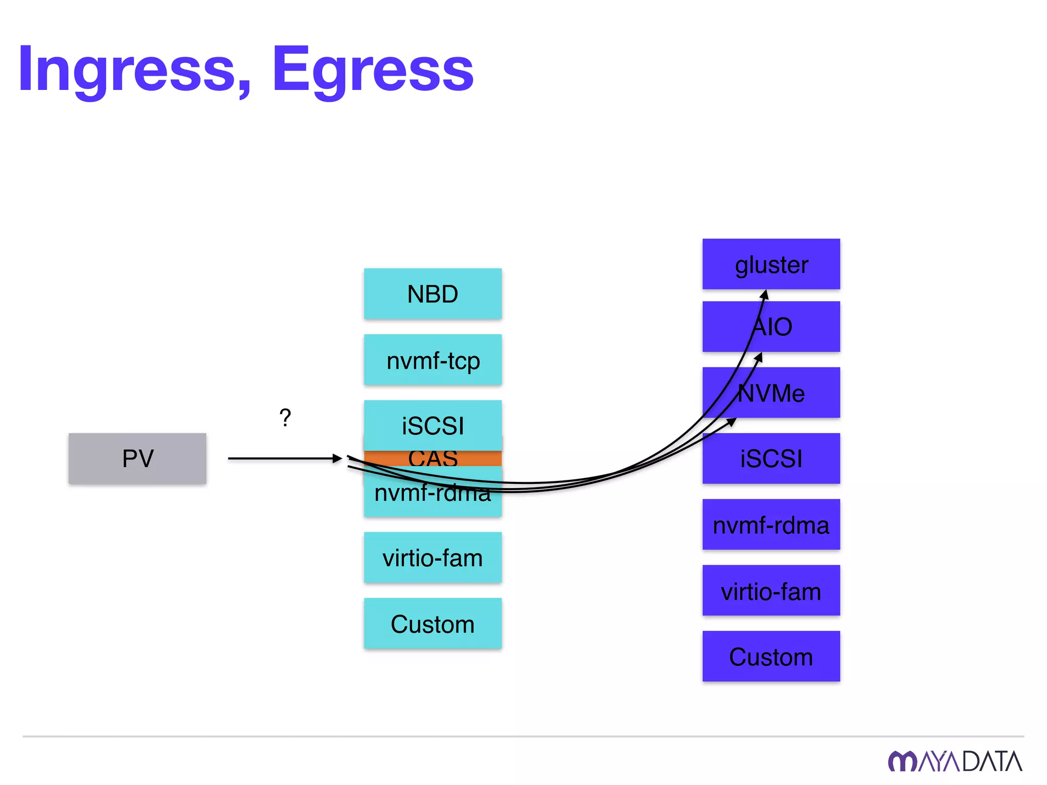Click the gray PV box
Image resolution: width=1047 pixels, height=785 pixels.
pos(137,458)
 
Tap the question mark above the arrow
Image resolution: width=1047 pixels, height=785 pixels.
pos(285,418)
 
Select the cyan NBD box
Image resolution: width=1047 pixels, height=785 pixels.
pos(433,294)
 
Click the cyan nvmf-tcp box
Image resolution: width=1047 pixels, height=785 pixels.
pos(433,360)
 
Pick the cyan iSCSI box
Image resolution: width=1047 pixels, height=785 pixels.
pos(433,425)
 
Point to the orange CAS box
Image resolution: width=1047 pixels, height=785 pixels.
pos(433,458)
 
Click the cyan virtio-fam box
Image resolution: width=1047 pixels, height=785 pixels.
pos(433,558)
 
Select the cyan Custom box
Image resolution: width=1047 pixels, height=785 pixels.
pos(433,624)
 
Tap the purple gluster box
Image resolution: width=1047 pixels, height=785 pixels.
pos(771,264)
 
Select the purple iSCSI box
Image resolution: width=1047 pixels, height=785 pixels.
pos(771,458)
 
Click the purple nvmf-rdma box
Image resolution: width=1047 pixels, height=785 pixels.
pos(771,525)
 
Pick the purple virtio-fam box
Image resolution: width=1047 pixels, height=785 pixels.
pos(771,591)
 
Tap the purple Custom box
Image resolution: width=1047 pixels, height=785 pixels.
pos(771,656)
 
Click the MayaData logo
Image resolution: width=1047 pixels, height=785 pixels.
pos(954,761)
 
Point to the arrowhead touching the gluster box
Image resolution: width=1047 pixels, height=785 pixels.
pos(764,295)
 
